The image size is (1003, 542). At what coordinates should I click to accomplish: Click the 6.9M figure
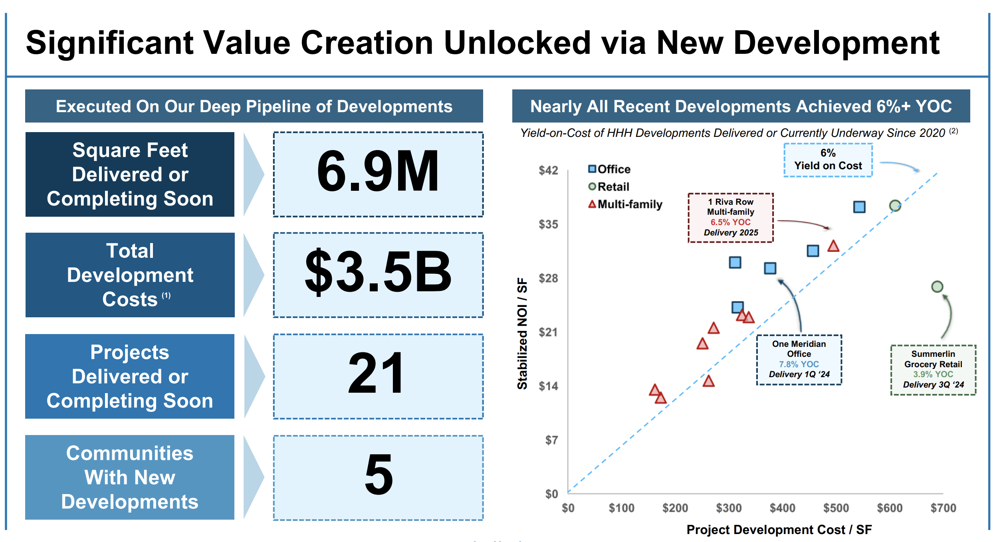[378, 172]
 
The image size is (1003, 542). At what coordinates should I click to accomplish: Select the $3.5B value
[378, 273]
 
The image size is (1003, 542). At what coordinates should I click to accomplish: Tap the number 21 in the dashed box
[377, 374]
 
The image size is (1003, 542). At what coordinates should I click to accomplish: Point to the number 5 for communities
[379, 475]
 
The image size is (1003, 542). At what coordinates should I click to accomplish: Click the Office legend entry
[610, 169]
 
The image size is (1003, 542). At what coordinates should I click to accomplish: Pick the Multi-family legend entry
[625, 204]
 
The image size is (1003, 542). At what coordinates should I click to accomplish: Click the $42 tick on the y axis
[548, 170]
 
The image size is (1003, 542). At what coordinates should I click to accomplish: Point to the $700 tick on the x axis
[943, 508]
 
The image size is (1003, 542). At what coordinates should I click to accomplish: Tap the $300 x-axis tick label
[729, 508]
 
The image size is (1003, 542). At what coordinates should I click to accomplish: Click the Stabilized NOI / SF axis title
[522, 333]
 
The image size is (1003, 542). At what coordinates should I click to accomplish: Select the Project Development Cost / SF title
[779, 530]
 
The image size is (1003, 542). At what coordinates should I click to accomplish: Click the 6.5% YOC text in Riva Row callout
[730, 222]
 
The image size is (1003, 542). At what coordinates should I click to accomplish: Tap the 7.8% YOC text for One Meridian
[799, 364]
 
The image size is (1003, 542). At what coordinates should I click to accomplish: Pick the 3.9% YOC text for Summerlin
[933, 374]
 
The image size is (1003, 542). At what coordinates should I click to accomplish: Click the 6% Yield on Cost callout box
[828, 160]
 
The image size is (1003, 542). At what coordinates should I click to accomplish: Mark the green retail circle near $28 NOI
[937, 287]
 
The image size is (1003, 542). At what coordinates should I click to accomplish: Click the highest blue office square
[859, 207]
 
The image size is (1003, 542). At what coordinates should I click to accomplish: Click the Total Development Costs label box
[130, 275]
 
